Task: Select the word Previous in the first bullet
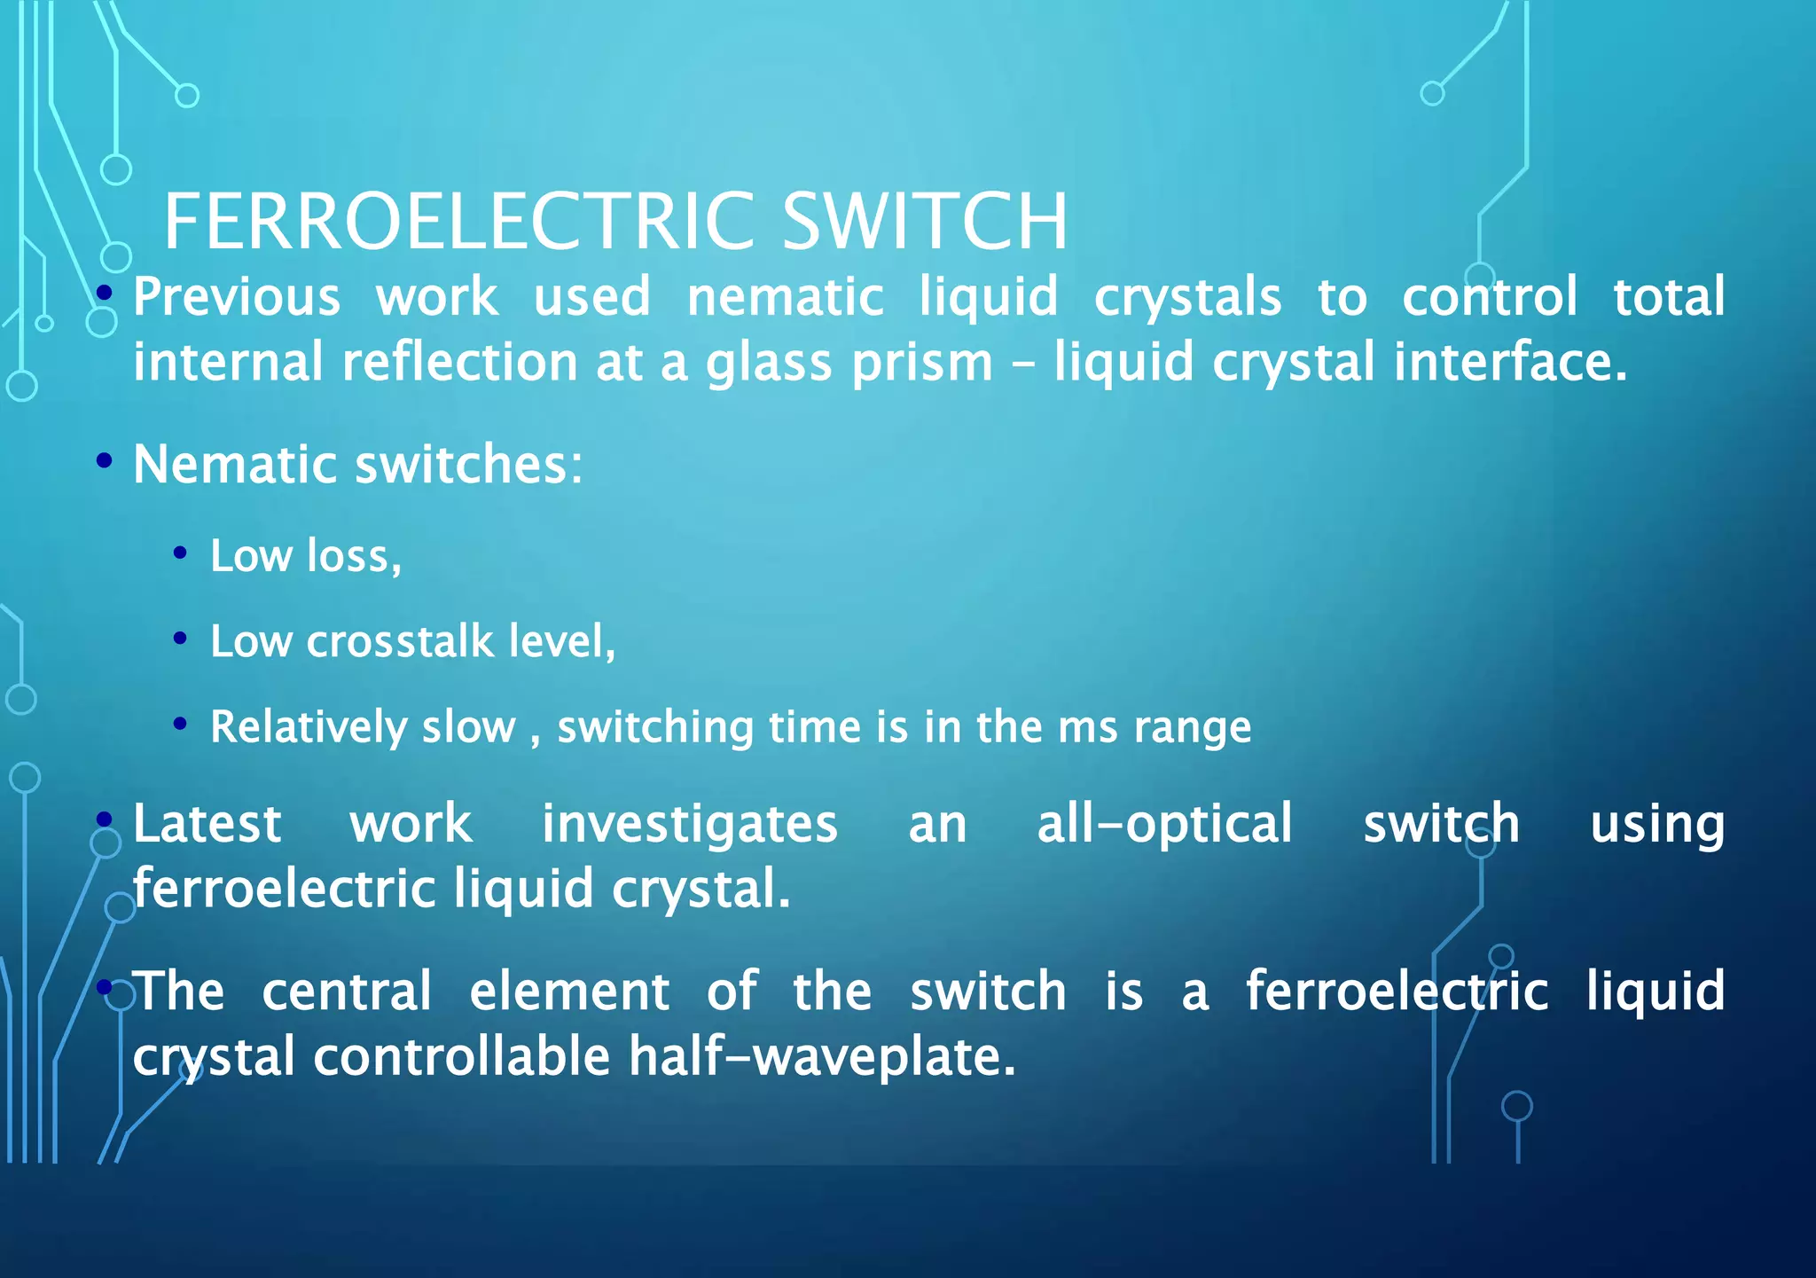[x=237, y=297]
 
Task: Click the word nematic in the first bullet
[x=786, y=297]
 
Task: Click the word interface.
[x=1510, y=364]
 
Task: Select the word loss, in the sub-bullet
[x=354, y=556]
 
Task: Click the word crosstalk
[x=400, y=640]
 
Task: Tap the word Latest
[x=207, y=824]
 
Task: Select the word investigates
[x=690, y=824]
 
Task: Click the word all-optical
[x=1164, y=824]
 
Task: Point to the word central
[x=347, y=991]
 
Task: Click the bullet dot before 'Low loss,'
[x=180, y=553]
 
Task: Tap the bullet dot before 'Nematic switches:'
[x=105, y=460]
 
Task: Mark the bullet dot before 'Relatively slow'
[x=180, y=724]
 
